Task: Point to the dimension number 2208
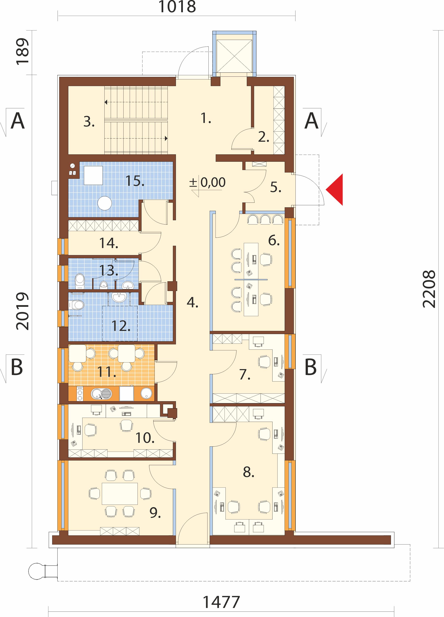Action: (x=429, y=289)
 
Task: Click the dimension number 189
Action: (x=23, y=52)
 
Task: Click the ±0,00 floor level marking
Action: (x=207, y=182)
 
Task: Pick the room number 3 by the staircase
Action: (x=89, y=122)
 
